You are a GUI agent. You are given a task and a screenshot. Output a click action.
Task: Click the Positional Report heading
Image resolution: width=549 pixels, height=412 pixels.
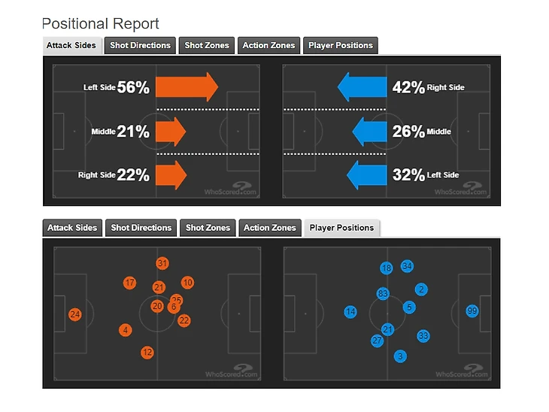pyautogui.click(x=101, y=24)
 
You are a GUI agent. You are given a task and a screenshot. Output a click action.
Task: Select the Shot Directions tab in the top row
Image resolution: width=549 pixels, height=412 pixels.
pyautogui.click(x=140, y=45)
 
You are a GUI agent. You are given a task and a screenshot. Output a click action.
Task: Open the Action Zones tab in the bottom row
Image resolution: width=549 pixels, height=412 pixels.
pyautogui.click(x=269, y=228)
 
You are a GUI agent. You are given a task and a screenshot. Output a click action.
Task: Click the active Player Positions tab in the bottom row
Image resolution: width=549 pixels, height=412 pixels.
pyautogui.click(x=341, y=228)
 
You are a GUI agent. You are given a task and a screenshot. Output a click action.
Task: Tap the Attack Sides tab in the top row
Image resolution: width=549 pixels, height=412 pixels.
pyautogui.click(x=71, y=45)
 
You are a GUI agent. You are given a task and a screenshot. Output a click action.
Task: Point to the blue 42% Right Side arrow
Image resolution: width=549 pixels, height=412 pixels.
pyautogui.click(x=362, y=87)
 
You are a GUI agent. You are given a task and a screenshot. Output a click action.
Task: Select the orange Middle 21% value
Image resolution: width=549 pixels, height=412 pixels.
pyautogui.click(x=133, y=132)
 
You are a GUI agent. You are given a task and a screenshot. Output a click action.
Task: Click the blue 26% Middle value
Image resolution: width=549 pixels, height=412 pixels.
pyautogui.click(x=408, y=132)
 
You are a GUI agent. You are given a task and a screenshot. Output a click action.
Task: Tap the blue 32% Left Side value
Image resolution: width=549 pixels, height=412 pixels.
pyautogui.click(x=408, y=175)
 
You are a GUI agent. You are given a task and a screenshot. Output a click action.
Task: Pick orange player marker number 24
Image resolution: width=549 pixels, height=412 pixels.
pyautogui.click(x=74, y=314)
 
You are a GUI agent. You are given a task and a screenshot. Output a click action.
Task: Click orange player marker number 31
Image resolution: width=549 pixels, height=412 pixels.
pyautogui.click(x=162, y=263)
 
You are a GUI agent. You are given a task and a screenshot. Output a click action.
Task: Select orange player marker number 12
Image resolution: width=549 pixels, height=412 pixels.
pyautogui.click(x=147, y=352)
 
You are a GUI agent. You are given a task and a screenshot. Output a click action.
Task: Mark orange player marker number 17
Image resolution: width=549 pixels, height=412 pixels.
pyautogui.click(x=129, y=283)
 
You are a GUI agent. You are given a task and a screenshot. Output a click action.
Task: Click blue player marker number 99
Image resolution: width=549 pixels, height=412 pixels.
pyautogui.click(x=472, y=311)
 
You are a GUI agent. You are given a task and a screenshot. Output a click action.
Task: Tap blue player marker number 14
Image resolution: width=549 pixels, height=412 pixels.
pyautogui.click(x=350, y=312)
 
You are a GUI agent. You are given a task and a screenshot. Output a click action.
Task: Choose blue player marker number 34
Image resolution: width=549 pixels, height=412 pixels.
pyautogui.click(x=407, y=266)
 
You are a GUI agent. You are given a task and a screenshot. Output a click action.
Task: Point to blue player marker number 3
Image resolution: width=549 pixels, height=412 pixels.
pyautogui.click(x=400, y=356)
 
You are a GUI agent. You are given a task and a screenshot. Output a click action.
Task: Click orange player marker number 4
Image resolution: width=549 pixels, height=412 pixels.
pyautogui.click(x=125, y=330)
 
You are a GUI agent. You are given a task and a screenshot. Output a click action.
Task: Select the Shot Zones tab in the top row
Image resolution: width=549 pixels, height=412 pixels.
pyautogui.click(x=207, y=45)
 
